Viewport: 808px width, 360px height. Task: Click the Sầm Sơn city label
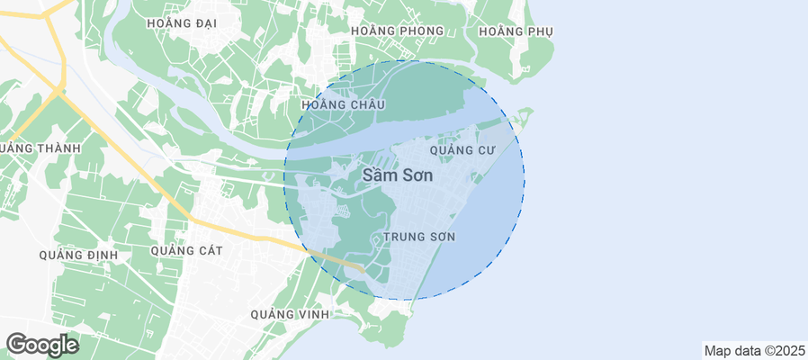[x=397, y=175]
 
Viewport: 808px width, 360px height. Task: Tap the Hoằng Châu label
[x=343, y=105]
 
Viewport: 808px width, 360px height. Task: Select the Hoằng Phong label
[x=397, y=31]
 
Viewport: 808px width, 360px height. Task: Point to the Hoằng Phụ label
[x=516, y=31]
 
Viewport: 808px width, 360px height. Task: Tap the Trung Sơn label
[x=418, y=237]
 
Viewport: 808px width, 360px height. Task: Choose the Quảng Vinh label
[x=291, y=314]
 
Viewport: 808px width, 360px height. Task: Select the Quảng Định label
[x=78, y=255]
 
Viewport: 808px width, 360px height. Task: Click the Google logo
[x=42, y=344]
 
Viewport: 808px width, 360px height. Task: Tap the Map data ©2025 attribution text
[x=754, y=350]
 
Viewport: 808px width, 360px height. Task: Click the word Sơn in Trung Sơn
[x=441, y=237]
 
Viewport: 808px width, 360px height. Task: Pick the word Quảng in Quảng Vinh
[x=274, y=314]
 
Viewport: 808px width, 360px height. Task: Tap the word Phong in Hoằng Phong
[x=422, y=31]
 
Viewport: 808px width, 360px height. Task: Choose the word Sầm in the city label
[x=378, y=175]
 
